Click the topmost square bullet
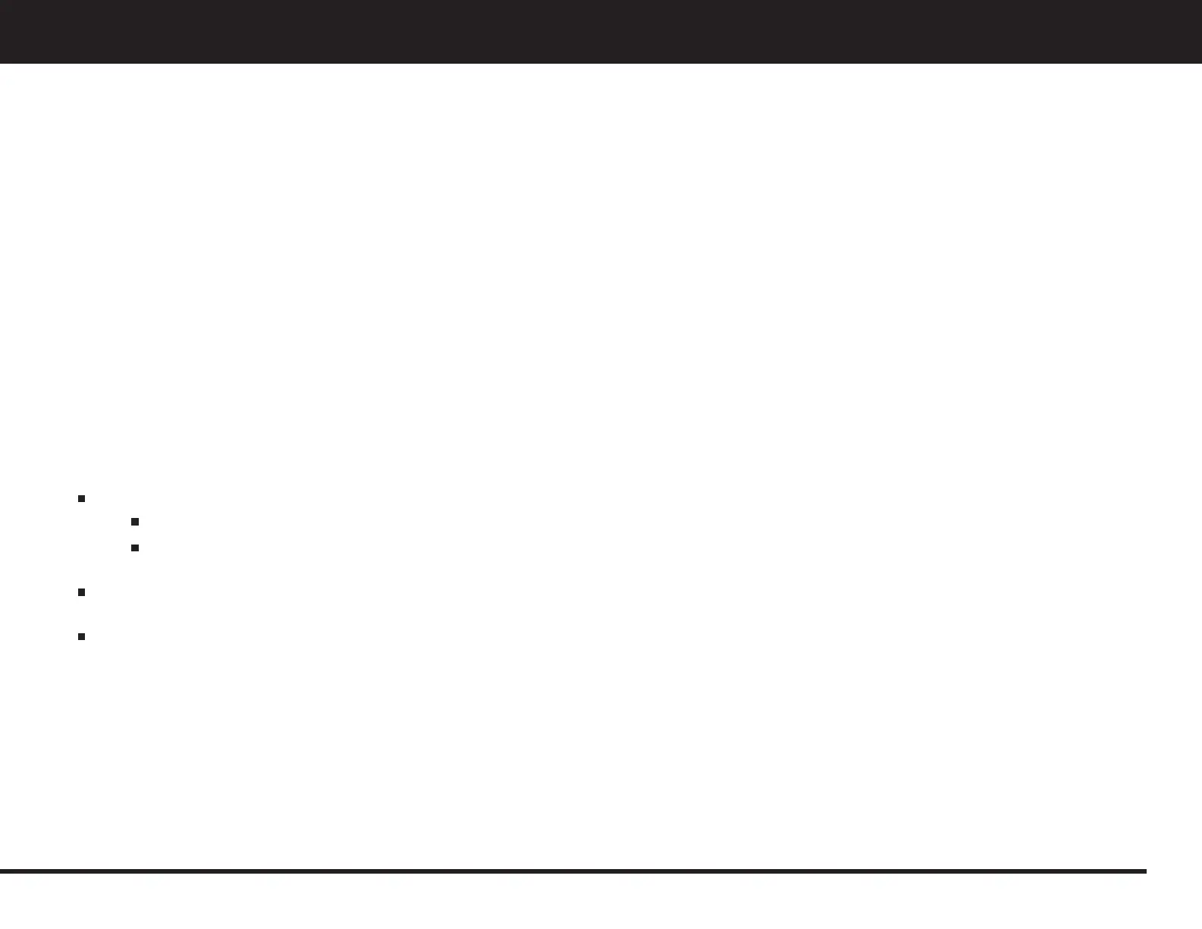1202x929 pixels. (x=80, y=499)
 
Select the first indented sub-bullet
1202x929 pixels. (x=134, y=522)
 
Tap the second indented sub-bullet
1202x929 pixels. (x=134, y=548)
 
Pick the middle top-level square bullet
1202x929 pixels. (x=80, y=592)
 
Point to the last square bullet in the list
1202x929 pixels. (x=80, y=636)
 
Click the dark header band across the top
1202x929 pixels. (x=601, y=31)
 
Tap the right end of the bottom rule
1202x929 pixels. (x=1144, y=871)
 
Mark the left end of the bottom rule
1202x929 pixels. (x=2, y=871)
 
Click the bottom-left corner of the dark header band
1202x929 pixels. (x=2, y=61)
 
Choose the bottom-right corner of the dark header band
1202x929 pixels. (x=1200, y=61)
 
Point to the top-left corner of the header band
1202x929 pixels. (x=2, y=2)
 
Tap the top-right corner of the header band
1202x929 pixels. (x=1200, y=2)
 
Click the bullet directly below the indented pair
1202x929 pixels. (x=80, y=592)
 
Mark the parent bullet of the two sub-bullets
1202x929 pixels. (x=80, y=499)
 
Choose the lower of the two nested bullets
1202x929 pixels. (x=134, y=548)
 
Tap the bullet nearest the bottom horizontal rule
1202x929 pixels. (x=80, y=636)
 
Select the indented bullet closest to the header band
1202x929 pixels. (x=134, y=522)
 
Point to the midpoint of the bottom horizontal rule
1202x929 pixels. (x=573, y=871)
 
